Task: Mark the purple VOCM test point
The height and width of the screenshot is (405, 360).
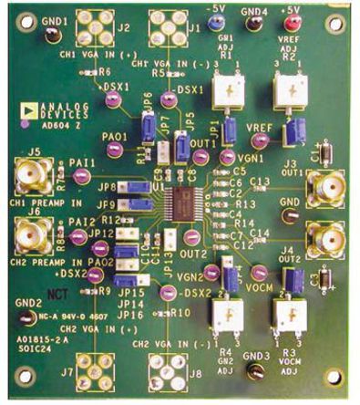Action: click(x=260, y=273)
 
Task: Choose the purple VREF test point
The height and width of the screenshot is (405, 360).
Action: click(x=260, y=140)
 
